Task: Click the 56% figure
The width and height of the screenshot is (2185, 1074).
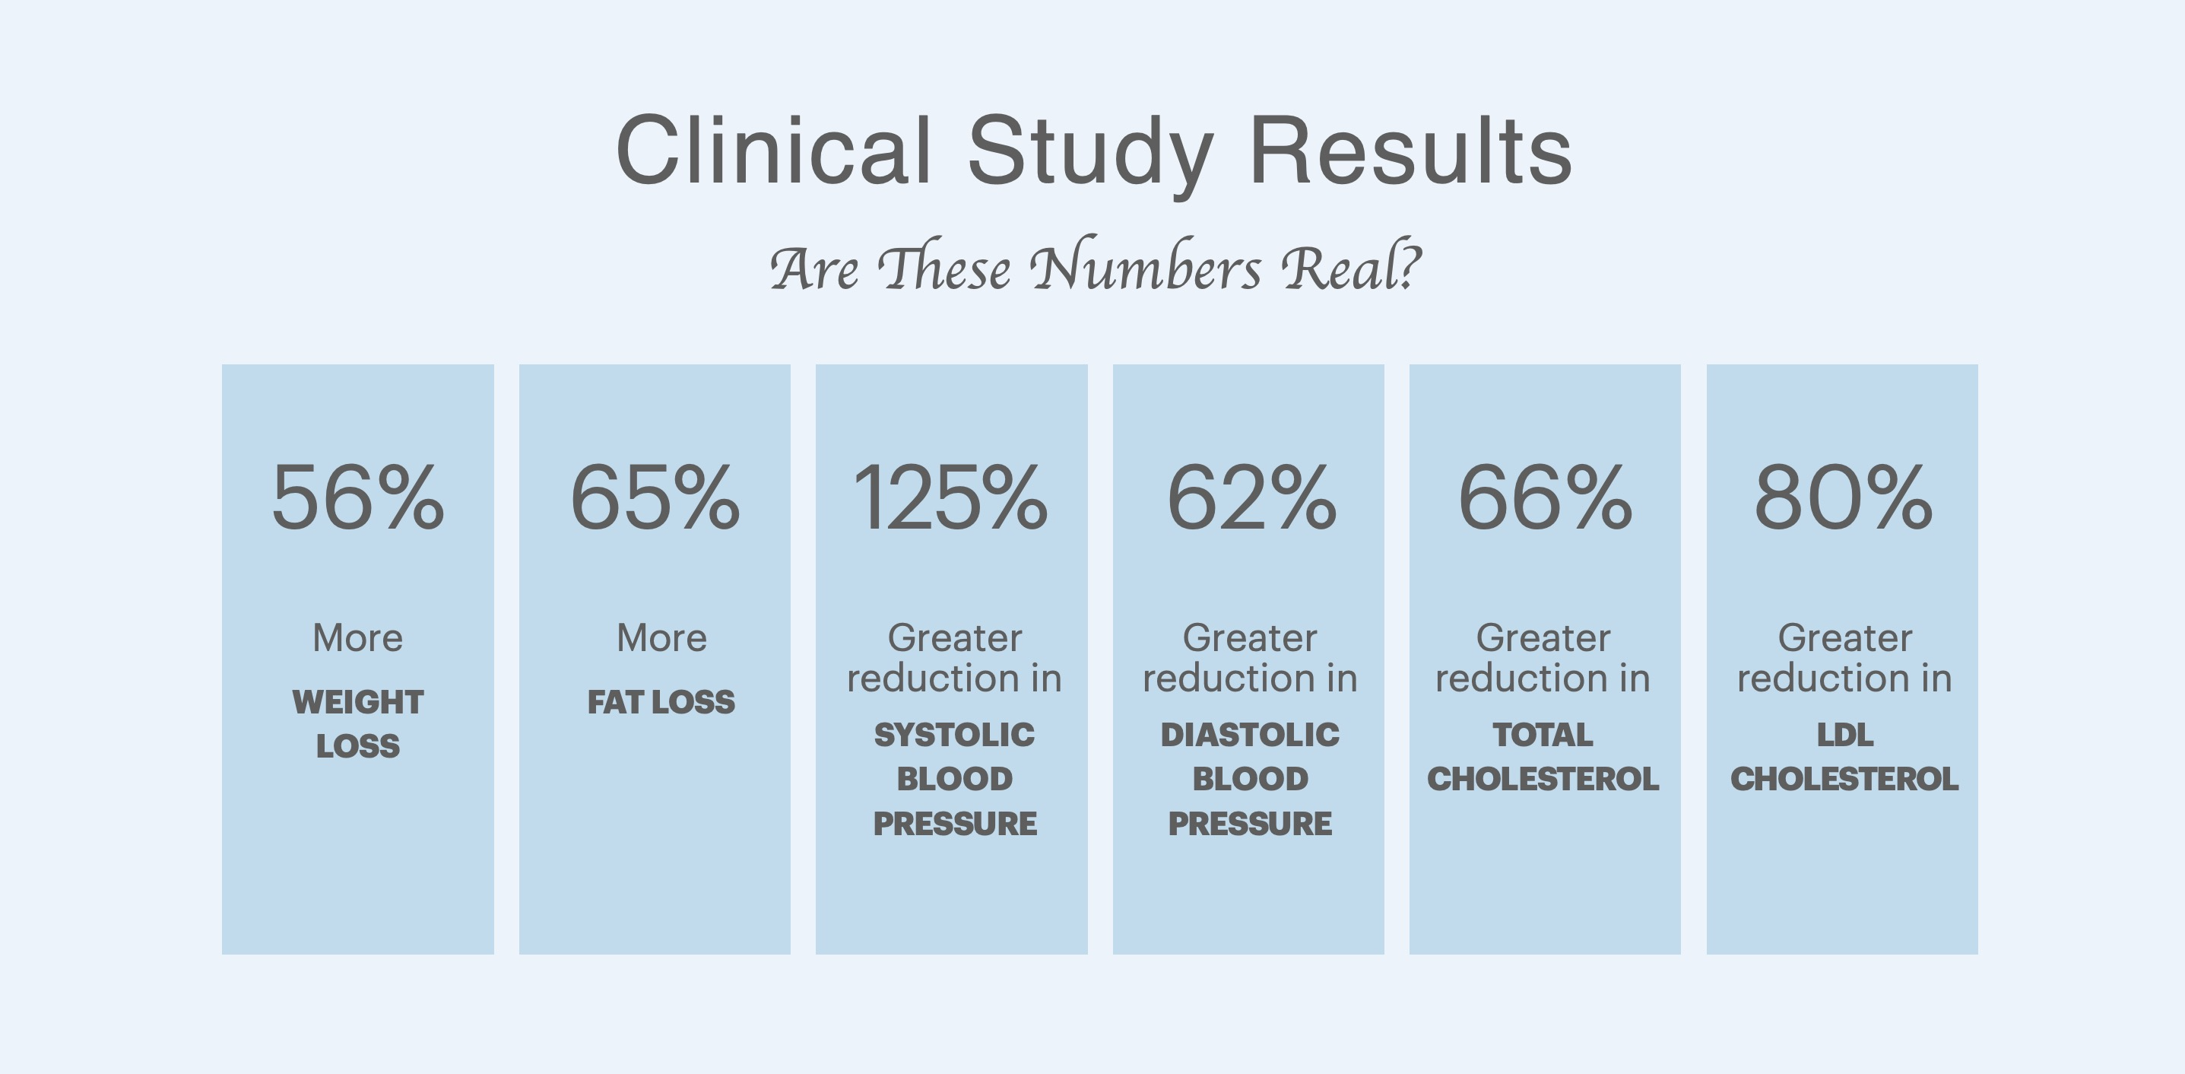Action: point(357,498)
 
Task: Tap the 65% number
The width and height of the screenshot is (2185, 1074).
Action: point(654,498)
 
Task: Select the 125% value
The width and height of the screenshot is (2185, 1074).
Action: point(950,498)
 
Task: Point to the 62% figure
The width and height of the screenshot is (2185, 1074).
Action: point(1251,498)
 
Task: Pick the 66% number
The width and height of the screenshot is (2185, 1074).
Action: point(1545,498)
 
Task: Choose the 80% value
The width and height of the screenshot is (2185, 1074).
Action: point(1843,498)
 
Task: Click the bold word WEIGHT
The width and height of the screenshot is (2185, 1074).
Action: point(357,701)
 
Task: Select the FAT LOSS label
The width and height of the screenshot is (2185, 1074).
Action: point(661,701)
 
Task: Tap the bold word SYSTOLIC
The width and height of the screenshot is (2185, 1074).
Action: point(954,735)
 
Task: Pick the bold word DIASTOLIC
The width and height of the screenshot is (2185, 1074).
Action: point(1249,735)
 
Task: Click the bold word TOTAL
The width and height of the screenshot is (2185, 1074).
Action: point(1543,735)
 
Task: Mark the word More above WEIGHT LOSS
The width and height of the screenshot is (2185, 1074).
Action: point(357,638)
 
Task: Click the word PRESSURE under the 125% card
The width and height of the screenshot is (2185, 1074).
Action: point(954,824)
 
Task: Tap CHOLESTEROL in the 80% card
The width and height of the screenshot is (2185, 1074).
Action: point(1844,779)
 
